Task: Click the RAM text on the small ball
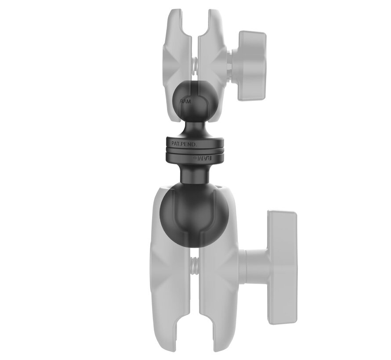(x=185, y=101)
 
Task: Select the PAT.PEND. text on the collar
(x=184, y=144)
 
